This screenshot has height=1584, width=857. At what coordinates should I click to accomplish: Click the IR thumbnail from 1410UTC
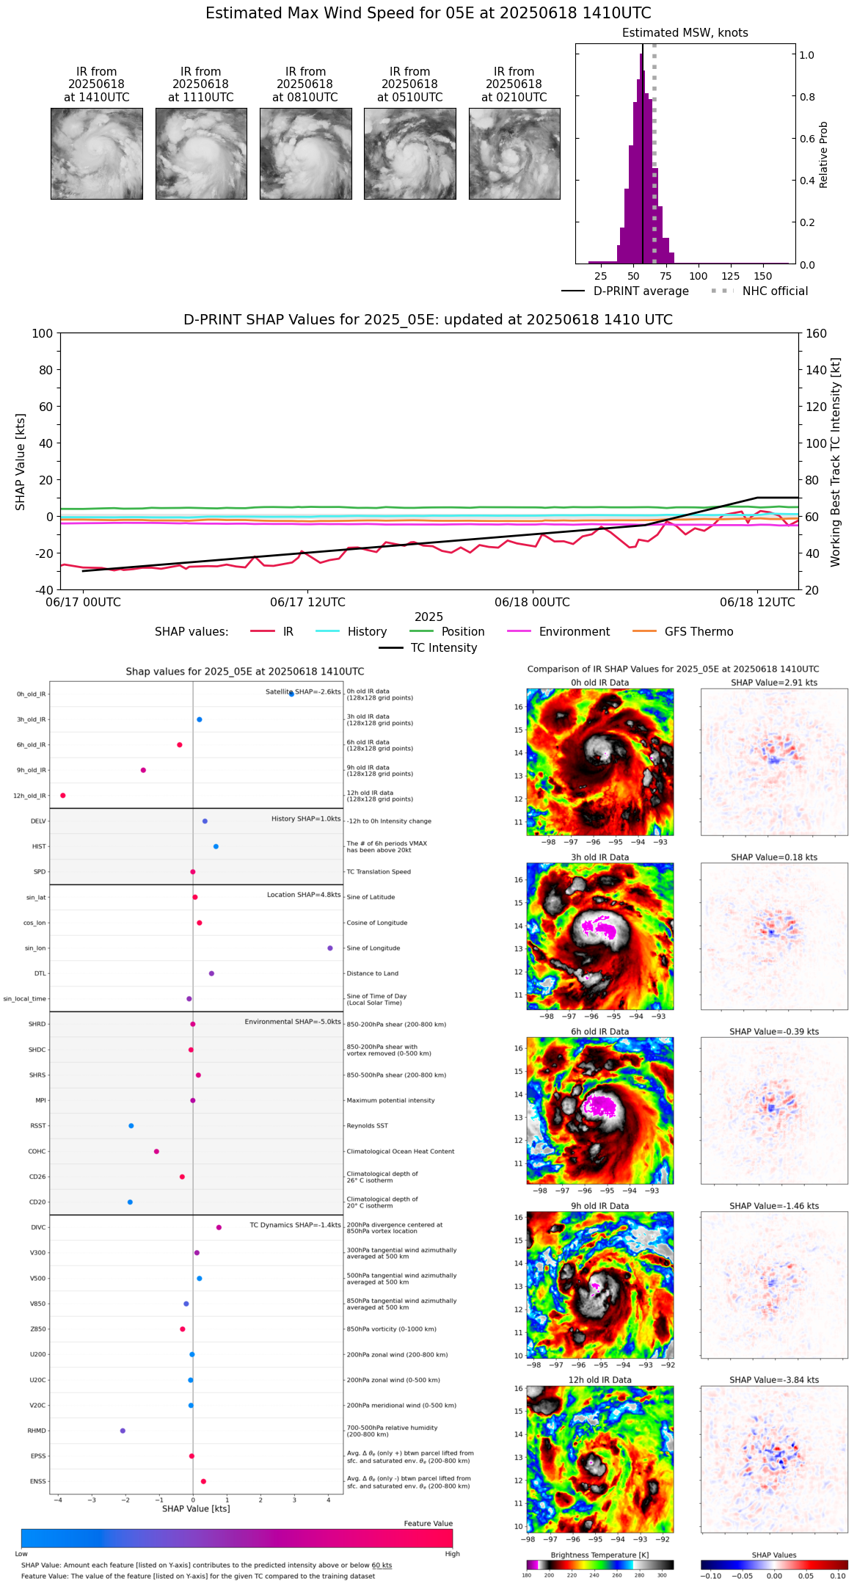click(97, 153)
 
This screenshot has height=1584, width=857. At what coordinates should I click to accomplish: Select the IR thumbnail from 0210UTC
click(514, 153)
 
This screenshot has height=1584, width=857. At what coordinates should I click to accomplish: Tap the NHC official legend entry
click(774, 291)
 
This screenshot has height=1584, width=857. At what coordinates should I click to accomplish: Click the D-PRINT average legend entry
click(641, 291)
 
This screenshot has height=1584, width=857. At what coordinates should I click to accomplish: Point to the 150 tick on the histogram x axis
click(763, 276)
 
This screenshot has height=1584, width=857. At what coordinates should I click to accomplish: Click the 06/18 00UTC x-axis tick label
click(532, 603)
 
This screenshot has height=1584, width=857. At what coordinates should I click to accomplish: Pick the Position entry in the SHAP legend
click(462, 632)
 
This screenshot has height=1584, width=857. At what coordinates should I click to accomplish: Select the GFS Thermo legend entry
click(699, 632)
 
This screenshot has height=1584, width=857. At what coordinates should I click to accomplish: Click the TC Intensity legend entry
click(443, 648)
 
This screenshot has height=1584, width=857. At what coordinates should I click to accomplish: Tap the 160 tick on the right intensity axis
click(817, 333)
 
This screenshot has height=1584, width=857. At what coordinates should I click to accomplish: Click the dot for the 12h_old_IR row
click(63, 796)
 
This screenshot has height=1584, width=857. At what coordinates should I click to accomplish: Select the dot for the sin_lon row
click(330, 948)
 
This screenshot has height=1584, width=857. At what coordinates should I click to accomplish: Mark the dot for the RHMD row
click(123, 1431)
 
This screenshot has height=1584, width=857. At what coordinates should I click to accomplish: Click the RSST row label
click(37, 1126)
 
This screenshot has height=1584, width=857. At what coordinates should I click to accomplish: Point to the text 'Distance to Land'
click(373, 974)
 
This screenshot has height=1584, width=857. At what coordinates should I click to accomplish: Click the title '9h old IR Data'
click(599, 1206)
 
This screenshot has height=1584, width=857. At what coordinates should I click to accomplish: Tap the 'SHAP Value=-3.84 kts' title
click(774, 1380)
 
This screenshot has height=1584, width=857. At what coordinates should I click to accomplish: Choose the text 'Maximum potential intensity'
click(390, 1100)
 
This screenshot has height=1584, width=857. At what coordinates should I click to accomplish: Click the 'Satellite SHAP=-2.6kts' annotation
click(302, 692)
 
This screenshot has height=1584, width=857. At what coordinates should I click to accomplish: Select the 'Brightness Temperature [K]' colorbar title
click(599, 1555)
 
